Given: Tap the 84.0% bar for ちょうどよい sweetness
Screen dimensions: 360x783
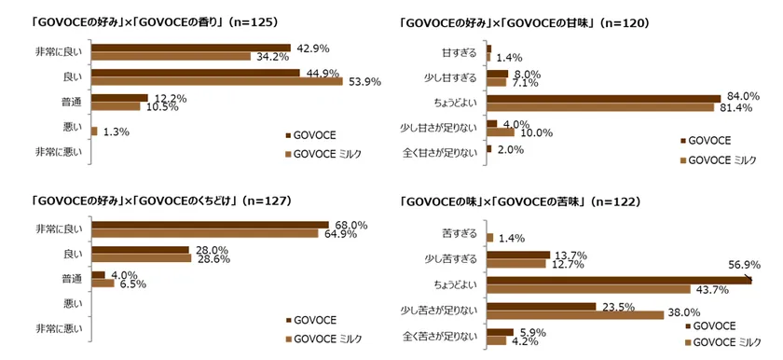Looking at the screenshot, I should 603,98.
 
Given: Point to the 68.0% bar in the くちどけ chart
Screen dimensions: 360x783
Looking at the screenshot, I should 210,225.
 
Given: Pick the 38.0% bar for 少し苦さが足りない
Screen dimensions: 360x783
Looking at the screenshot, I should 575,314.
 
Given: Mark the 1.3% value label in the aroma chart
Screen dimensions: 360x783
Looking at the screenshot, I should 116,132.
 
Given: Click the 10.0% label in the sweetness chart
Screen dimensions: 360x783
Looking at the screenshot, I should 536,132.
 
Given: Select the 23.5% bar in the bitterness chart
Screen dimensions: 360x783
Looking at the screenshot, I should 541,305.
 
